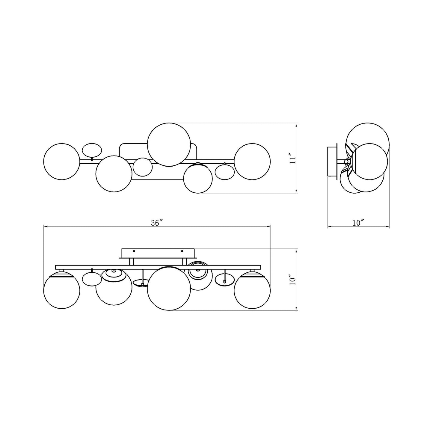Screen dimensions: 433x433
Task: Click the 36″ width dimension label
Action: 157,223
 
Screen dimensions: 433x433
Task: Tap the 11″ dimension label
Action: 292,159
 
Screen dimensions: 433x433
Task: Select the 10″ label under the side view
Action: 358,223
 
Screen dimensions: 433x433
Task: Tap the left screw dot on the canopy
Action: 134,251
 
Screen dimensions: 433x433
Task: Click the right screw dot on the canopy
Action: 182,251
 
